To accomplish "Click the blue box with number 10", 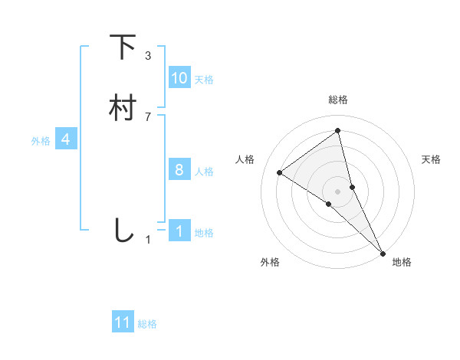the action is tap(179, 78).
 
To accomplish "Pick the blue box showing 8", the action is tap(179, 170).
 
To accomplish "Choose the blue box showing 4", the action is tap(66, 139).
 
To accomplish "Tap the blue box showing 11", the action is tap(123, 322).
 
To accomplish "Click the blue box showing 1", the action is tap(179, 231).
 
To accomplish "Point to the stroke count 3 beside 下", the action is tap(148, 56).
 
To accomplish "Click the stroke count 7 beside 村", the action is tap(148, 116).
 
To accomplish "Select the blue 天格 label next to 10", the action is tap(204, 80).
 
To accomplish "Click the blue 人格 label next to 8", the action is tap(204, 172).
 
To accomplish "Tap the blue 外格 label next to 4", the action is tap(41, 141).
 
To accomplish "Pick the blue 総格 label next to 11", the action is tap(147, 324).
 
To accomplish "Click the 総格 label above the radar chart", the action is tap(338, 100).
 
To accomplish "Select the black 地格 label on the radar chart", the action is tap(402, 263).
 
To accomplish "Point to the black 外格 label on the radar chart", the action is tap(270, 263).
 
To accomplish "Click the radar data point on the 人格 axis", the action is tap(280, 172).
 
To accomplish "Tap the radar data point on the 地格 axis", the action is tap(383, 252).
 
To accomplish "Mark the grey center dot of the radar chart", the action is tap(338, 191).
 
